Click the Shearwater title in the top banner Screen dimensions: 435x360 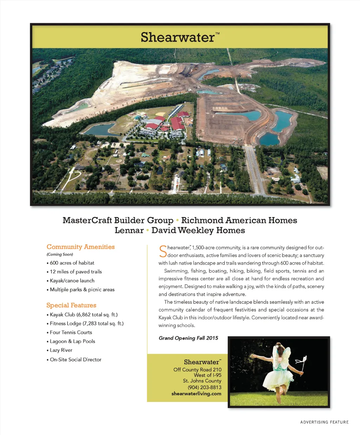click(x=178, y=37)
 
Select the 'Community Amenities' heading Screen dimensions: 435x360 click(x=81, y=247)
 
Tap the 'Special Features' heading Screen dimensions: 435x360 click(x=71, y=305)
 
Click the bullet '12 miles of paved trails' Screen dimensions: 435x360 click(x=76, y=272)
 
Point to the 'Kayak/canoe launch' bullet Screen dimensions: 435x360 click(x=72, y=281)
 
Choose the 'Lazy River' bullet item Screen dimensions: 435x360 click(x=61, y=350)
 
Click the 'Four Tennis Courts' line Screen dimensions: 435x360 click(x=71, y=332)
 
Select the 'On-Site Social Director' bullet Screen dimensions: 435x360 click(x=75, y=359)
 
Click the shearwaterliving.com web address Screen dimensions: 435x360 click(x=196, y=394)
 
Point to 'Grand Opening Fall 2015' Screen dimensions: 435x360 click(x=188, y=338)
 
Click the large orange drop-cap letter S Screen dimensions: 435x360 click(x=162, y=251)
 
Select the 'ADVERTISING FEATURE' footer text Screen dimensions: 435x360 click(x=324, y=422)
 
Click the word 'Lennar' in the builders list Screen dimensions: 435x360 click(x=129, y=231)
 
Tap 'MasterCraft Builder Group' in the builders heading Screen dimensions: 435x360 click(x=118, y=220)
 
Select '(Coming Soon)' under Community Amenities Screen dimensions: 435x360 click(x=60, y=254)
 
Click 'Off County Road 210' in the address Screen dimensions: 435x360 click(x=197, y=370)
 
